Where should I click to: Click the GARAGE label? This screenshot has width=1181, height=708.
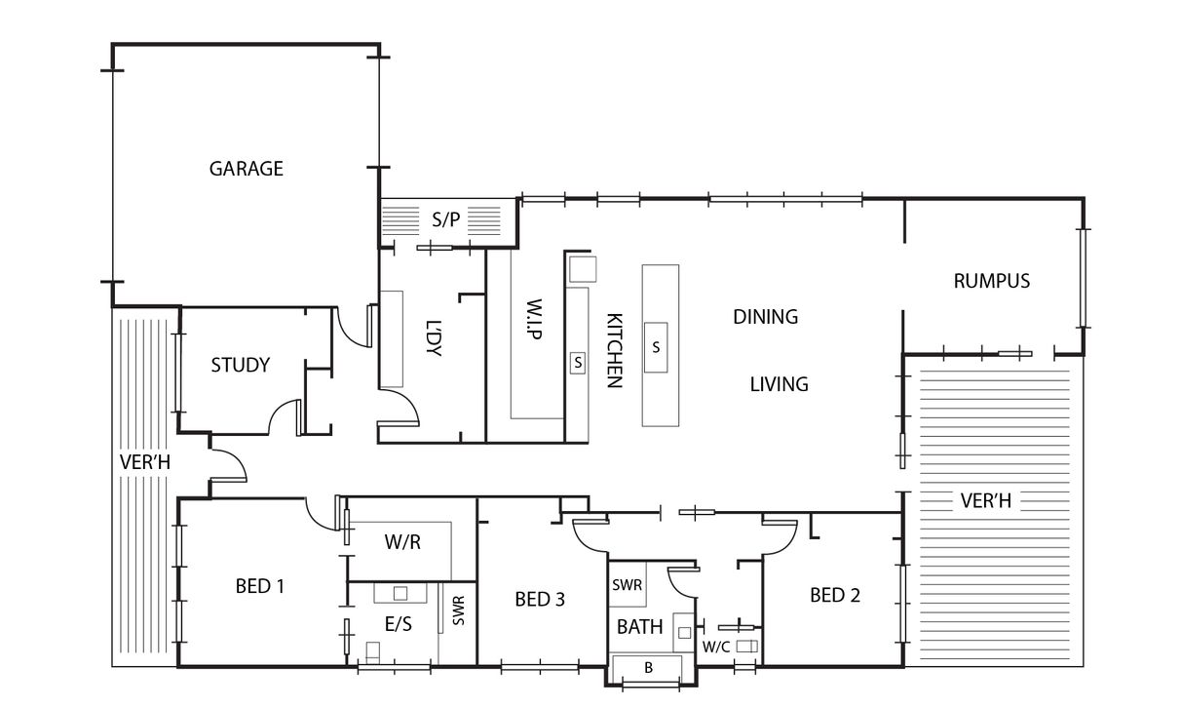[x=247, y=169]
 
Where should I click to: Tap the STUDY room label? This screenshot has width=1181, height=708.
[x=241, y=365]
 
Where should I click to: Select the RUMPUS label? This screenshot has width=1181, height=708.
[x=992, y=281]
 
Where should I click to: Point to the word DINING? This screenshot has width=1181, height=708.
[x=766, y=317]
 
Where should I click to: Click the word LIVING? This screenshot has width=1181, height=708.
[x=780, y=384]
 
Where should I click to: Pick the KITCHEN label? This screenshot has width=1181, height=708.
[x=615, y=351]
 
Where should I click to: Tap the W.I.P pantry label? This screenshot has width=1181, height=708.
[x=534, y=320]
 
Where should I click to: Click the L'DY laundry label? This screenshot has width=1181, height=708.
[x=433, y=338]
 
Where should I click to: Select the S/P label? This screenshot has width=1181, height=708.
[x=446, y=219]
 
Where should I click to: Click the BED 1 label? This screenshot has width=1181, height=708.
[x=260, y=586]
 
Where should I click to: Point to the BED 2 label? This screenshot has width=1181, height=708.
[x=835, y=595]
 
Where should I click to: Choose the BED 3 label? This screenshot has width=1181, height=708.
[x=540, y=600]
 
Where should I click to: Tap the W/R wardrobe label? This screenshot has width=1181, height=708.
[x=402, y=542]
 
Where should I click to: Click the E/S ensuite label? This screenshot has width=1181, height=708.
[x=399, y=624]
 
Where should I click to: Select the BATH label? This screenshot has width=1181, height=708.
[x=639, y=627]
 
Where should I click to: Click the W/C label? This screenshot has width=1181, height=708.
[x=716, y=648]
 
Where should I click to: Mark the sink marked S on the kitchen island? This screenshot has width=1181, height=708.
[x=656, y=347]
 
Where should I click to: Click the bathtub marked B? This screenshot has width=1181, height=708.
[x=649, y=668]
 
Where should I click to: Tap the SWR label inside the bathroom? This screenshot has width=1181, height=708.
[x=627, y=585]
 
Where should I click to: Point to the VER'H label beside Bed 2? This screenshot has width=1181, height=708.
[x=986, y=500]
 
